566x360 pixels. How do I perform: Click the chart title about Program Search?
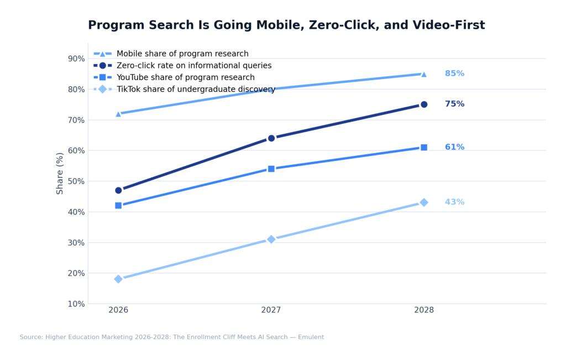tap(286, 25)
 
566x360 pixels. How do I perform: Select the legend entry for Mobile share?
tap(182, 54)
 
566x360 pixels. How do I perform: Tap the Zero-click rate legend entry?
tap(193, 66)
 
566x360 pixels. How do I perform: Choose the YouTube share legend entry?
tap(185, 77)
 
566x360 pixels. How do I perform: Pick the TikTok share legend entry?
tap(196, 90)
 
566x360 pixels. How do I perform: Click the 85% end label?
tap(454, 74)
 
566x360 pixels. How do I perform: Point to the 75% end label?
tap(454, 104)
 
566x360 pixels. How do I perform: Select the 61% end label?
tap(454, 147)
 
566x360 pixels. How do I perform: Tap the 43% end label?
tap(454, 202)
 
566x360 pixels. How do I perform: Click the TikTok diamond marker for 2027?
tap(271, 239)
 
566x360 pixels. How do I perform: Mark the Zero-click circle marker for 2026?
tap(118, 190)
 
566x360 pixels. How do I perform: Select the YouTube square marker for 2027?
tap(271, 169)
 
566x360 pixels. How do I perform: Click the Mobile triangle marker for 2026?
tap(118, 114)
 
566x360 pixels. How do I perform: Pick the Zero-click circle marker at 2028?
tap(424, 105)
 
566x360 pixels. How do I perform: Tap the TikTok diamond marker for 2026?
tap(118, 279)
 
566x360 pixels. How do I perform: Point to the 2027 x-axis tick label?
tap(271, 310)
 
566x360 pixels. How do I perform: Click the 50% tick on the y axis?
tap(76, 181)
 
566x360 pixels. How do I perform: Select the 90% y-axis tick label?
tap(76, 59)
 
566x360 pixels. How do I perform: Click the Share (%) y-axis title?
tap(60, 173)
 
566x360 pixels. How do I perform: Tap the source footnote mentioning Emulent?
tap(172, 337)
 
